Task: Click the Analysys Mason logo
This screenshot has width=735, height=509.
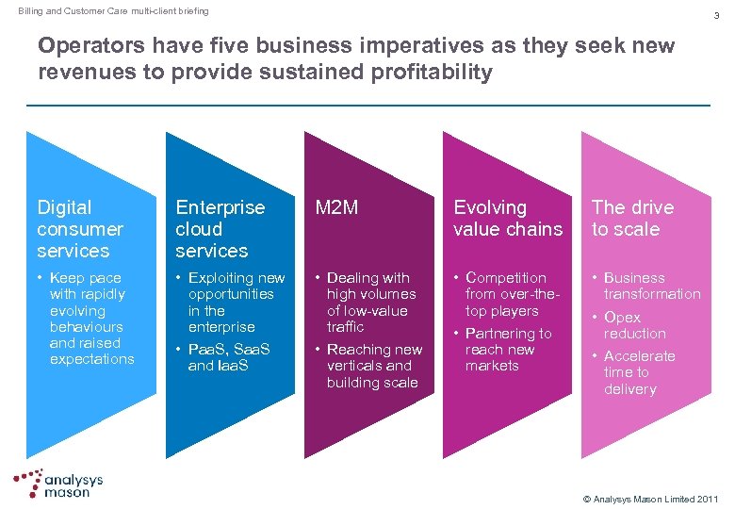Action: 58,484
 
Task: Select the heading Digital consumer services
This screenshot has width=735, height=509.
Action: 80,229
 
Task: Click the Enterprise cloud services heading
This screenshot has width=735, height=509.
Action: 220,229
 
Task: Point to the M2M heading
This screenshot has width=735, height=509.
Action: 336,207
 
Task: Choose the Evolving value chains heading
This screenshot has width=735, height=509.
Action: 507,218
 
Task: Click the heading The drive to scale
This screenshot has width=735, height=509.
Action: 632,218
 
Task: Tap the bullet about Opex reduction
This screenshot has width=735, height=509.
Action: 634,325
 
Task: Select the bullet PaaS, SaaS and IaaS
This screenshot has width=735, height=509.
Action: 228,357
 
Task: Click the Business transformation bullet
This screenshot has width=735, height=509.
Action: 651,286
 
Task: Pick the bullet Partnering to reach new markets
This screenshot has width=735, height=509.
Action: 507,349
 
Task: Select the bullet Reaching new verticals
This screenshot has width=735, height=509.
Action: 373,366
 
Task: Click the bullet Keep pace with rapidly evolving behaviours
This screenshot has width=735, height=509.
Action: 90,319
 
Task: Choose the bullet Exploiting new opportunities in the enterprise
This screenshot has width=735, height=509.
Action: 235,302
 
